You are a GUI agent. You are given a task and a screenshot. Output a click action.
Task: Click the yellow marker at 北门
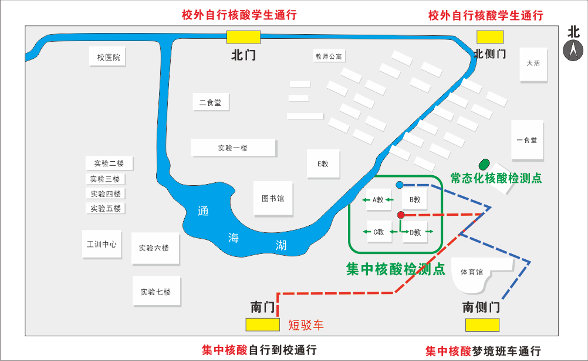tap(244, 37)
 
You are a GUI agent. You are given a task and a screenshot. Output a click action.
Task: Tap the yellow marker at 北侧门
tap(489, 37)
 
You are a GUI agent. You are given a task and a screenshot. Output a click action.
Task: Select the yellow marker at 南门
tap(262, 324)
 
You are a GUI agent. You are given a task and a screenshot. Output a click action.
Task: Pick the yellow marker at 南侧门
tap(482, 325)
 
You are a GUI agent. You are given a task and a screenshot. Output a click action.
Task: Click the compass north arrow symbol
tap(573, 51)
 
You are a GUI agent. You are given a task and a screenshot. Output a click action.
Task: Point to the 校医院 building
tap(108, 57)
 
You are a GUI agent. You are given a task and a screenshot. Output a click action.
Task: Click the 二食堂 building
tap(210, 102)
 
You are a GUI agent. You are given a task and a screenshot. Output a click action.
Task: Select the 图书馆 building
tap(273, 199)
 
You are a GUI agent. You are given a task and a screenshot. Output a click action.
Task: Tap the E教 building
tap(323, 163)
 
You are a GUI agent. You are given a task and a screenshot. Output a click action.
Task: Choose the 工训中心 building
tap(102, 244)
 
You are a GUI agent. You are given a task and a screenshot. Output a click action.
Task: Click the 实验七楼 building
tap(156, 291)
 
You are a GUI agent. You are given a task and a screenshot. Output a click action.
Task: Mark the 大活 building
tap(533, 63)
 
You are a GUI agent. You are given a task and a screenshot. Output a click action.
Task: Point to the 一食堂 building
tap(527, 140)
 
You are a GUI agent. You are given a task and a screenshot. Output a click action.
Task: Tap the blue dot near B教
tap(400, 185)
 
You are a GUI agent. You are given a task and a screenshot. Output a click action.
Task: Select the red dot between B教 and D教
tap(401, 215)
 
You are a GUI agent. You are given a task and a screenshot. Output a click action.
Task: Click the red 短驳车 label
tap(306, 325)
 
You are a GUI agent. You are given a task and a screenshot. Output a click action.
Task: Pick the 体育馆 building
tap(472, 273)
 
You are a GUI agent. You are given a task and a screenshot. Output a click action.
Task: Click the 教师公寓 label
tap(329, 56)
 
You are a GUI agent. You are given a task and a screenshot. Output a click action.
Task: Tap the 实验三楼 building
tap(105, 179)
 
